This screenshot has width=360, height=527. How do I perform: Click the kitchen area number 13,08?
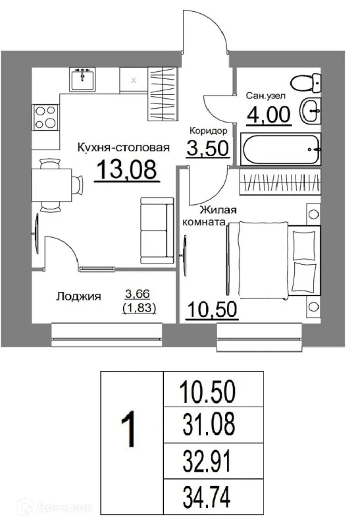point(127,170)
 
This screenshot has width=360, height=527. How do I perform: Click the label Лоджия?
point(78,297)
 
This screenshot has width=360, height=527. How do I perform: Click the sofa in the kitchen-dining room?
point(155,231)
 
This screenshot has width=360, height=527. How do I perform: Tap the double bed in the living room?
point(272,260)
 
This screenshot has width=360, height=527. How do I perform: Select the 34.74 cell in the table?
point(207,494)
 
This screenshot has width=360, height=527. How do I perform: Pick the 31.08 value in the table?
point(207,426)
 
